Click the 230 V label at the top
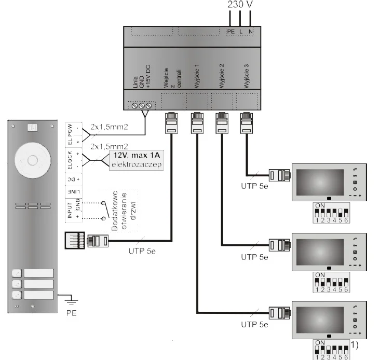click(x=240, y=6)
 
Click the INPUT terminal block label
click(x=70, y=211)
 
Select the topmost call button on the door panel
click(x=16, y=273)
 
